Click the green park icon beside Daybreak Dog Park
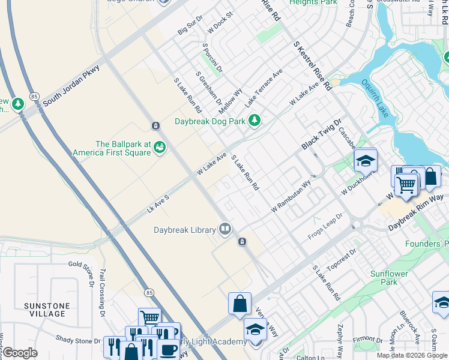[255, 121]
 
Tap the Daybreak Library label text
[184, 230]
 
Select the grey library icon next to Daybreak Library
[224, 228]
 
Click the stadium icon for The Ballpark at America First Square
[159, 147]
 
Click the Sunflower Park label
[384, 278]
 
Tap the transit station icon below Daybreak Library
[241, 242]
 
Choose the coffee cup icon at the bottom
[168, 350]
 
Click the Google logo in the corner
[20, 353]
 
